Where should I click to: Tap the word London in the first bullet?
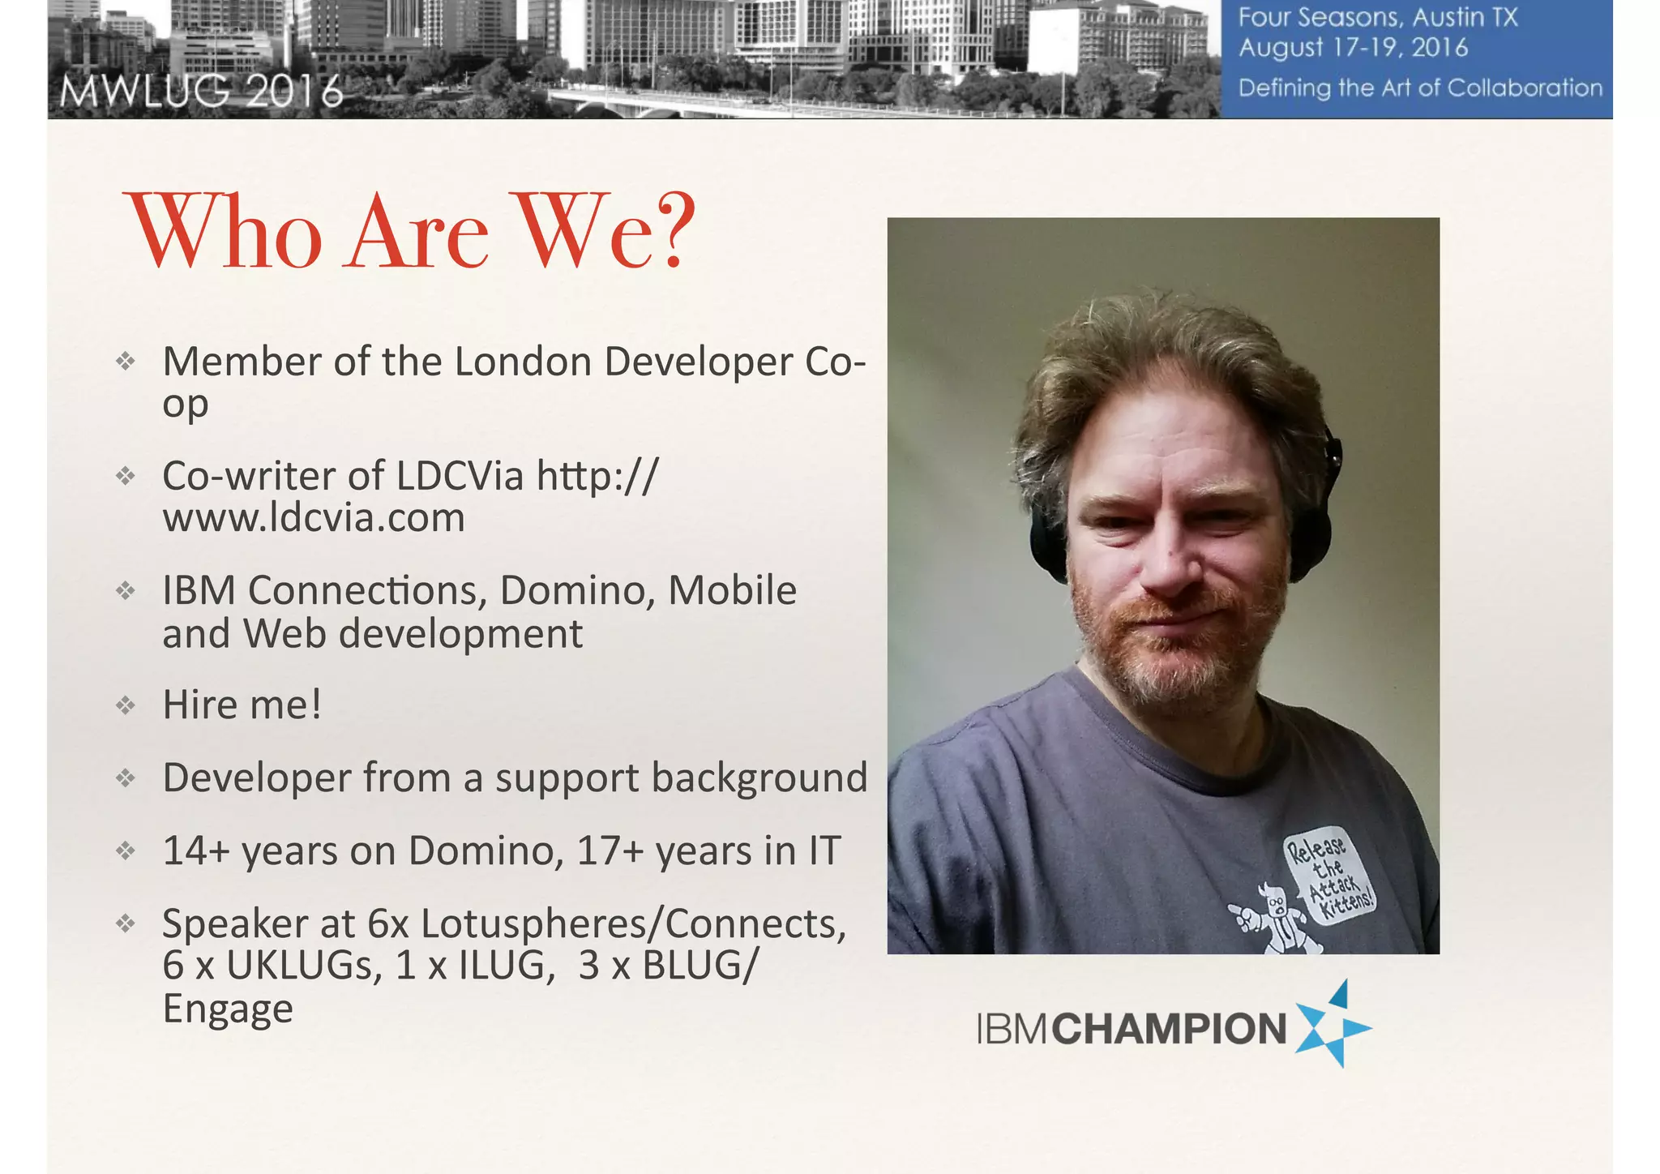(x=522, y=362)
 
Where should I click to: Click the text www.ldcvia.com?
(x=314, y=518)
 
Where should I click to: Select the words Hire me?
(x=242, y=705)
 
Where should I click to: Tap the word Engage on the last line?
(x=228, y=1009)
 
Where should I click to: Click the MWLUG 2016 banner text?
(x=201, y=92)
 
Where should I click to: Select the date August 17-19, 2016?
(x=1353, y=48)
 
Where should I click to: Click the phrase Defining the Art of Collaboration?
(x=1420, y=88)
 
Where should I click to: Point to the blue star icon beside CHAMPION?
(x=1331, y=1026)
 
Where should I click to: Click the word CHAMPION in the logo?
(x=1170, y=1029)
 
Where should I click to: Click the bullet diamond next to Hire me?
(x=125, y=705)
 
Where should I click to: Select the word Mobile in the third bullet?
(x=732, y=590)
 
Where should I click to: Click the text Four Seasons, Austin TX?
(x=1378, y=17)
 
